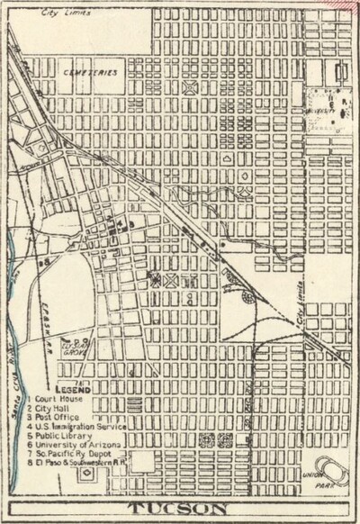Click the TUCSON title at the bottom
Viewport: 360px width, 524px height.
[x=181, y=510]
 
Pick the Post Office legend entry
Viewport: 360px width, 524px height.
[x=55, y=417]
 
